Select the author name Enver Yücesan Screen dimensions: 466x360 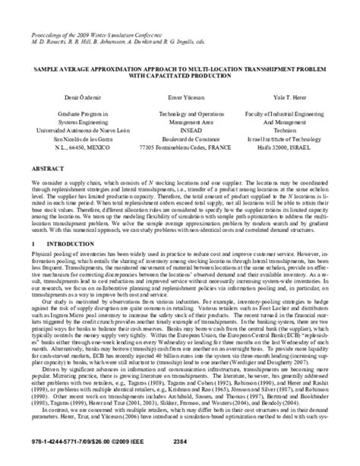(x=179, y=99)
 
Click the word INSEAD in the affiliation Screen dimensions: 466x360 (x=179, y=129)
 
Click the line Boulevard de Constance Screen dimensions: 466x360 (x=179, y=138)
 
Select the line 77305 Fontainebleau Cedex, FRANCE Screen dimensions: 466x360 (x=179, y=146)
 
